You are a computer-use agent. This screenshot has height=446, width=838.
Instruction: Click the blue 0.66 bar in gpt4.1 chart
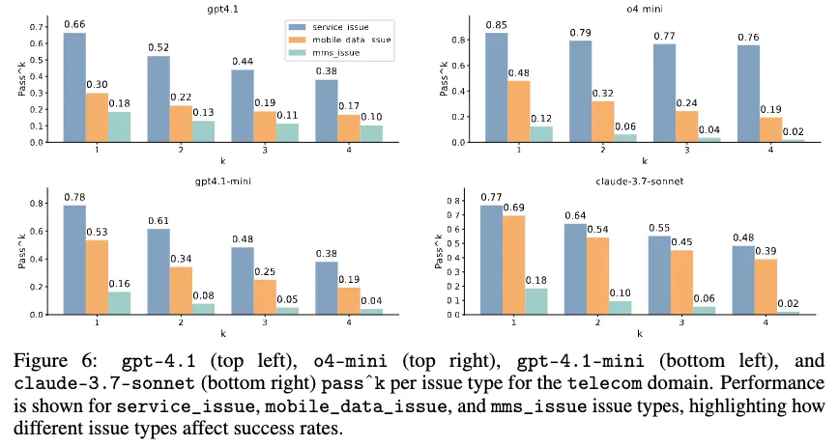coord(74,87)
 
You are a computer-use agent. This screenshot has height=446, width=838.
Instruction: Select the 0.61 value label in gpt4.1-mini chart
coord(159,220)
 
